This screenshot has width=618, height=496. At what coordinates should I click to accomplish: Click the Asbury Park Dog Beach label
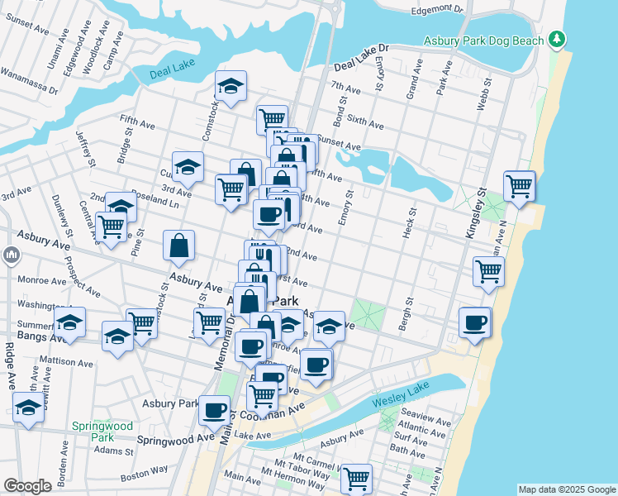(483, 41)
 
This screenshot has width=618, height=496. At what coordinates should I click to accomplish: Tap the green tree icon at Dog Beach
(558, 39)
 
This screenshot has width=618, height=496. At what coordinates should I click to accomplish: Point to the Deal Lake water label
(171, 74)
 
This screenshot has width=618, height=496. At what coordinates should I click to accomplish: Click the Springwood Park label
(102, 431)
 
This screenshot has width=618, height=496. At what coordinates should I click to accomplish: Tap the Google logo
(27, 486)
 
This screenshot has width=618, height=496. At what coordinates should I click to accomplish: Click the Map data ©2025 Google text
(567, 489)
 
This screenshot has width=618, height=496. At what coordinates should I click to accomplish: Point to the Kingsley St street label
(471, 214)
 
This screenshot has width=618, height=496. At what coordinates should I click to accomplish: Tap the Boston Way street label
(144, 473)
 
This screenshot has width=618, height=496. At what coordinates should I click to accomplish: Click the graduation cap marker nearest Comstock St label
(231, 85)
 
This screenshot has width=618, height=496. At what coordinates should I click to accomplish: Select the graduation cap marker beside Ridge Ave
(29, 408)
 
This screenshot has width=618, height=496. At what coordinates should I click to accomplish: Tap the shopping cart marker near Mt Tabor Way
(356, 477)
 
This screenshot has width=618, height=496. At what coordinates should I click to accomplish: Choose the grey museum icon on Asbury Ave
(11, 255)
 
